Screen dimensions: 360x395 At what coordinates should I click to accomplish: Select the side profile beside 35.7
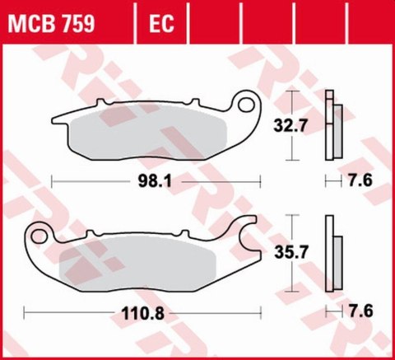[x=332, y=252]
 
